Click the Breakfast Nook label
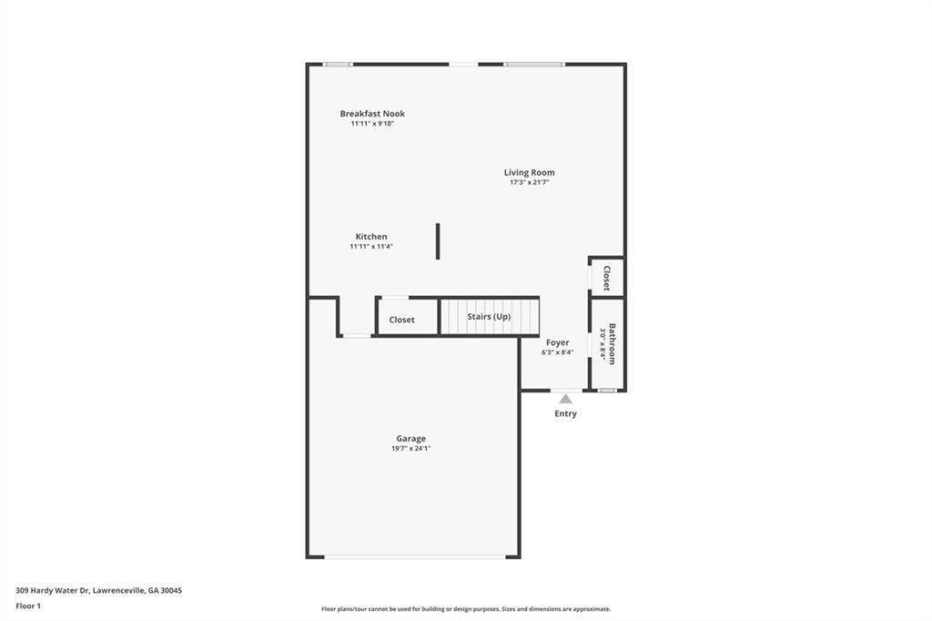coord(372,114)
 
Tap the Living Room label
coord(529,172)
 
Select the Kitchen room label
coord(371,237)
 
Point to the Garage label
coord(410,438)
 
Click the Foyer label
coord(557,342)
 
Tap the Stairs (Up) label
coord(489,317)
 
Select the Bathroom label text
coord(613,343)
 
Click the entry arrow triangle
coord(565,399)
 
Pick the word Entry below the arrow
coord(565,413)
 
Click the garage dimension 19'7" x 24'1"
coord(410,448)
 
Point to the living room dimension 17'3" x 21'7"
coord(529,182)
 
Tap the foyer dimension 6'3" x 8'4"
coord(557,352)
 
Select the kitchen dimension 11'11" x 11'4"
coord(371,246)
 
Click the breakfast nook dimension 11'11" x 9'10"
coord(372,123)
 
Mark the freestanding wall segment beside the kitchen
coord(438,241)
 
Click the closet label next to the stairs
coord(401,320)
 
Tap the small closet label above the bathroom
coord(607,278)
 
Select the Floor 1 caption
coord(28,606)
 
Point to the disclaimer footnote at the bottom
coord(465,609)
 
